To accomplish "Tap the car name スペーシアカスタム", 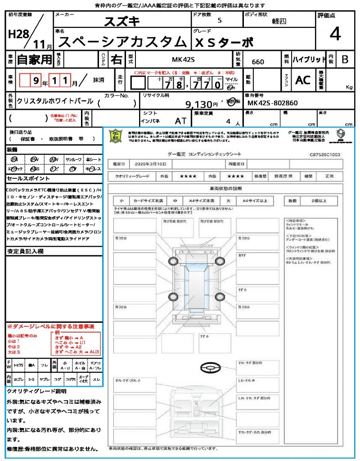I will pyautogui.click(x=122, y=42).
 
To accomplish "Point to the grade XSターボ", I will pyautogui.click(x=223, y=42).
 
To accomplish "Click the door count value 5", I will pyautogui.click(x=219, y=21).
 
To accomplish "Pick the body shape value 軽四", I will pyautogui.click(x=279, y=21).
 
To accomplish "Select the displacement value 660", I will pyautogui.click(x=258, y=62).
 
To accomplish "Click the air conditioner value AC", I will pyautogui.click(x=303, y=80).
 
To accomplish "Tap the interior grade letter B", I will pyautogui.click(x=345, y=59).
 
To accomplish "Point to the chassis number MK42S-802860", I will pyautogui.click(x=273, y=103).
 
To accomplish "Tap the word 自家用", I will pyautogui.click(x=35, y=59).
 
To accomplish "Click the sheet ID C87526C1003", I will pyautogui.click(x=324, y=154).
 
